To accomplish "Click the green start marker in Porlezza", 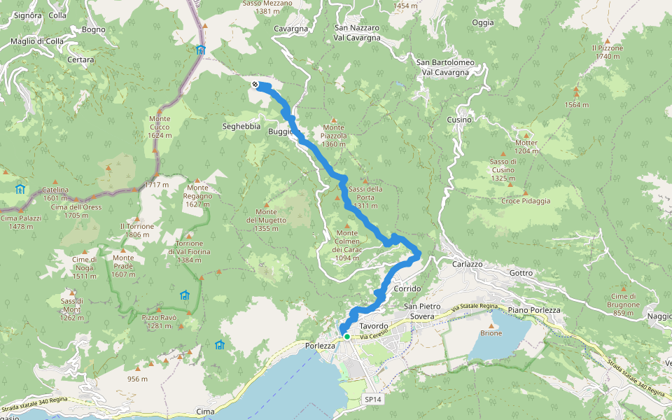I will point(346,337).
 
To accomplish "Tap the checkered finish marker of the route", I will point(255,85).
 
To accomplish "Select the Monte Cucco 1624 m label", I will point(160,127).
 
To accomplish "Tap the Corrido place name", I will point(407,288).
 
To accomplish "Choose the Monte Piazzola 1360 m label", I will point(334,136).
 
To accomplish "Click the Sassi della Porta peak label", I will point(365,193).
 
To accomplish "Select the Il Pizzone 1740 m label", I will point(607,52).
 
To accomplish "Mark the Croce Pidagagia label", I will point(526,201).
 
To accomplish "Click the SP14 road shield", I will point(372,399).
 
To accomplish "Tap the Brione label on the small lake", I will point(491,334).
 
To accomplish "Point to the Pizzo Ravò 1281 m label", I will point(159,321).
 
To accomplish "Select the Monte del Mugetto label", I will point(267,216).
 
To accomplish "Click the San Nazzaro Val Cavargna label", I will point(357,32).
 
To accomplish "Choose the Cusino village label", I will point(459,120).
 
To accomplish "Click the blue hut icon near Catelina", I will point(20,189).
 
